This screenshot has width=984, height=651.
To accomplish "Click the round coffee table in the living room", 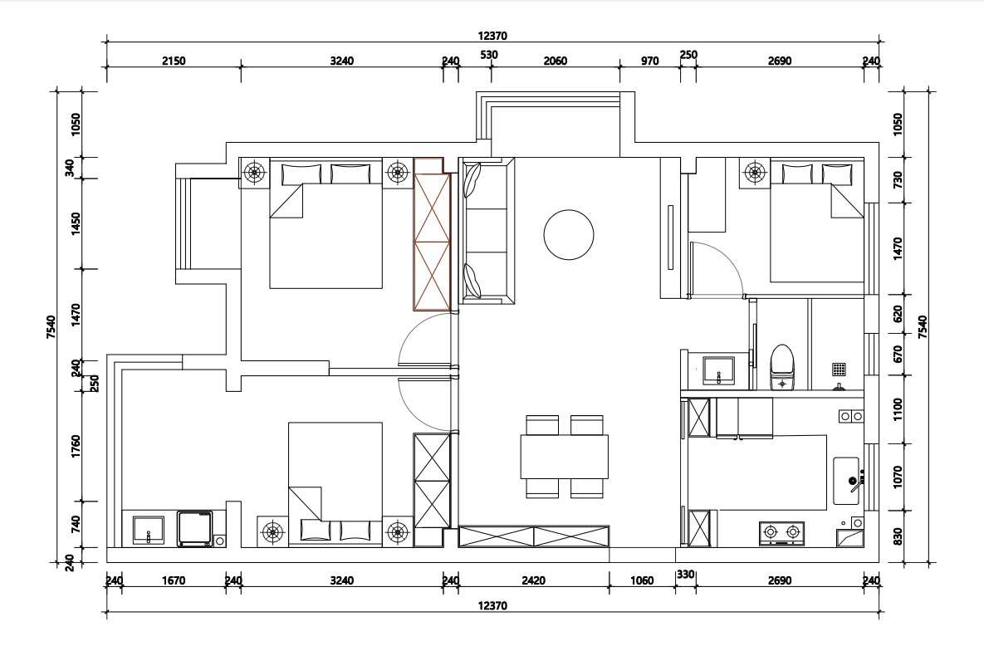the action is click(x=569, y=235).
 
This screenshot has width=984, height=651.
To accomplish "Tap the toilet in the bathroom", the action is click(x=782, y=367).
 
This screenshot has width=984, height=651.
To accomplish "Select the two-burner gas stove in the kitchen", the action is click(x=782, y=532).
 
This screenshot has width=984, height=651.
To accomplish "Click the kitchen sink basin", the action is click(x=846, y=481).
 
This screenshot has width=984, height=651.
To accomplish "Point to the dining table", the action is click(x=564, y=457).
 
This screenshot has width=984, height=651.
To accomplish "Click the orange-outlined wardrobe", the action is click(x=432, y=234).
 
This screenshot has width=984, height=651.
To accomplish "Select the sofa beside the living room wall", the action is click(x=487, y=231).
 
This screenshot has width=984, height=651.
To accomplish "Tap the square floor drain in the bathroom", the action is click(x=840, y=370).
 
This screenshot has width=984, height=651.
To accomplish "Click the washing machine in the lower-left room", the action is click(x=194, y=529).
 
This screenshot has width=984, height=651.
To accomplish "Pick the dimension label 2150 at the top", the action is click(x=174, y=61).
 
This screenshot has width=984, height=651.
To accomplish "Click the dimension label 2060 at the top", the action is click(x=556, y=61).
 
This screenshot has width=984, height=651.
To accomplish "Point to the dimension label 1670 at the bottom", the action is click(x=174, y=580).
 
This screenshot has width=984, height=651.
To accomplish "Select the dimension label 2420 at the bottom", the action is click(x=533, y=580).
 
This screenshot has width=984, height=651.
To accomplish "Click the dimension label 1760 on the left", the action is click(x=76, y=447).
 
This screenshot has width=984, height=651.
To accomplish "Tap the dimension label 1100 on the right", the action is click(x=898, y=410).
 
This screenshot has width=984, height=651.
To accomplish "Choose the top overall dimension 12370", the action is click(x=492, y=36).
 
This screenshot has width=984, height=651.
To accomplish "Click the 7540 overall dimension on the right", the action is click(x=923, y=327).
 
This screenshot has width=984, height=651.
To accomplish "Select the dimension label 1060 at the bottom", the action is click(x=642, y=580).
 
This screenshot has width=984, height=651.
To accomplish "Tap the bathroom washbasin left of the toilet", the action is click(x=718, y=370).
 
